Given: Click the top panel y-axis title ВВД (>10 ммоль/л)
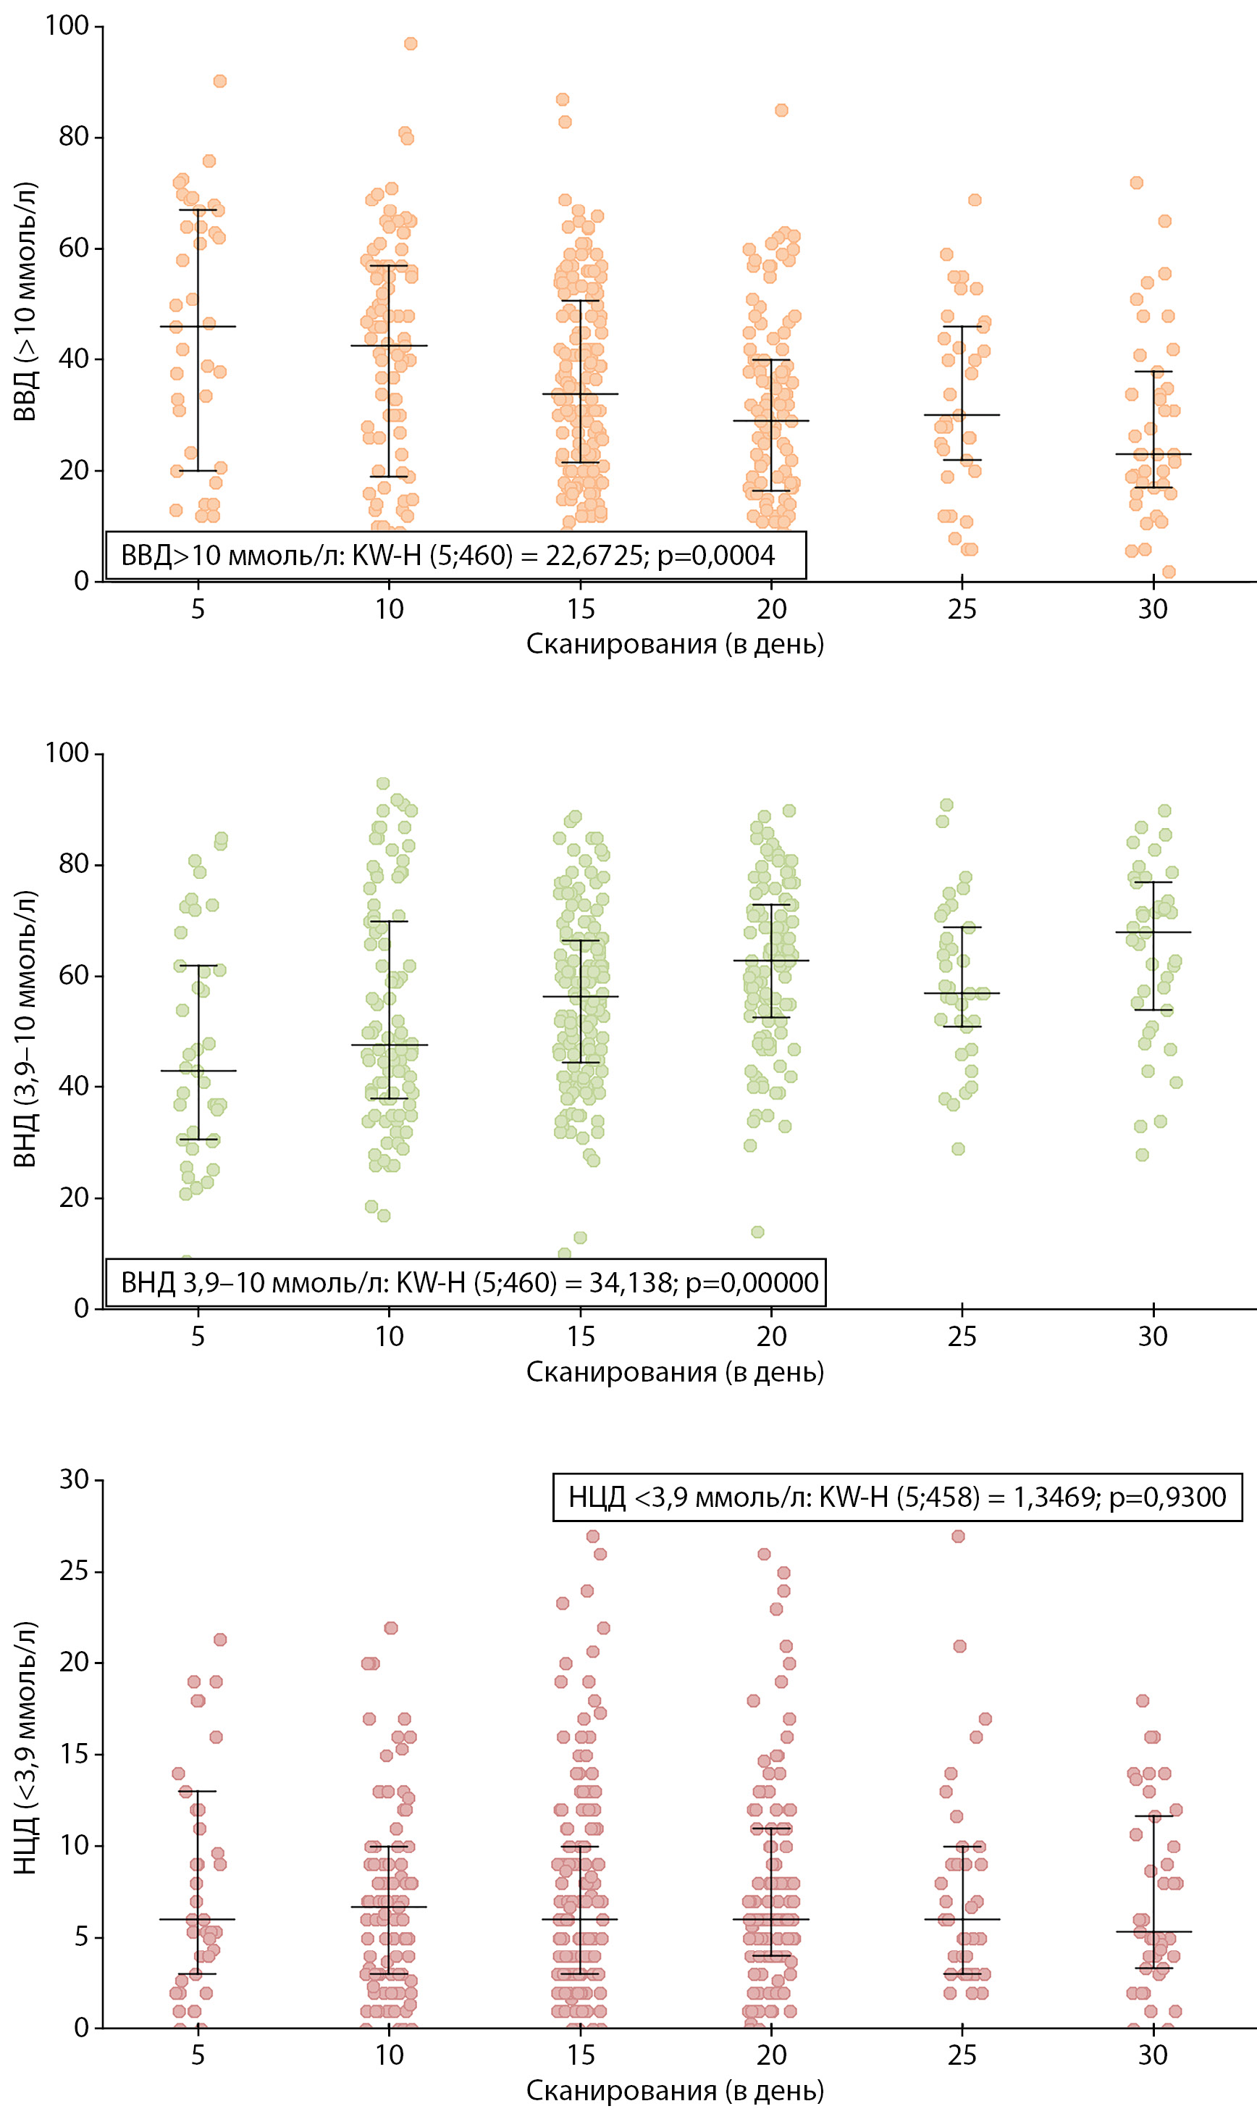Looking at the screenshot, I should [x=25, y=301].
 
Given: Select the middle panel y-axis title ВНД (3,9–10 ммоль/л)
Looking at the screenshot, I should [x=25, y=1029].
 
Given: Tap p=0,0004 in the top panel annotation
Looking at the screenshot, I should [x=715, y=556].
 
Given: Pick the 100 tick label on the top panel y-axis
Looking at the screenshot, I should [x=67, y=25].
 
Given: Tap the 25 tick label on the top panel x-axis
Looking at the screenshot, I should [x=962, y=609].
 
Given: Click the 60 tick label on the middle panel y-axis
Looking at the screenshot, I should [x=74, y=975].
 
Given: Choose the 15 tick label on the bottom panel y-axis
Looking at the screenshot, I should [x=74, y=1754].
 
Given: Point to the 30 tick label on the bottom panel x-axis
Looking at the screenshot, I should [x=1153, y=2055].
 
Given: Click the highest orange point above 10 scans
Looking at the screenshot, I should [x=411, y=44].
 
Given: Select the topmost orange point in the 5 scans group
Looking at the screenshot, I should [x=219, y=81].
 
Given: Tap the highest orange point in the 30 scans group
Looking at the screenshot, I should [x=1137, y=183].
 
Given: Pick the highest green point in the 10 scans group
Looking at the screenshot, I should [x=383, y=784].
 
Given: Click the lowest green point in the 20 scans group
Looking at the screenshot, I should [x=758, y=1232].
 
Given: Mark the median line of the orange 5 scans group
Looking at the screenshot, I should [x=198, y=326].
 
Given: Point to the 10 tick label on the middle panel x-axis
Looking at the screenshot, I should [x=390, y=1336].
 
